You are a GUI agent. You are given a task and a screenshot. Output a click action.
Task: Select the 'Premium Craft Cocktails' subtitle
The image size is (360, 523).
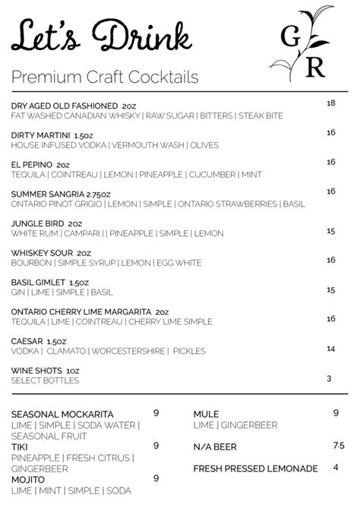(x=105, y=77)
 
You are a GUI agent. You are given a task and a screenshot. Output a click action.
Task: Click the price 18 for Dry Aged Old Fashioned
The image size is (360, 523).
(x=330, y=103)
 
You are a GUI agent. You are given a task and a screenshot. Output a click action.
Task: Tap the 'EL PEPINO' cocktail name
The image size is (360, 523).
(x=31, y=163)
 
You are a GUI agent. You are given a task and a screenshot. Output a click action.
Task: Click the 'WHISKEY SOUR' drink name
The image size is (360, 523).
(x=43, y=253)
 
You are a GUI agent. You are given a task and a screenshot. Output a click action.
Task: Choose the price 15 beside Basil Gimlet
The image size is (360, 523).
(x=330, y=290)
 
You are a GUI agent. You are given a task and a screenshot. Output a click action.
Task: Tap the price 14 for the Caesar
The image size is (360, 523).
(x=330, y=349)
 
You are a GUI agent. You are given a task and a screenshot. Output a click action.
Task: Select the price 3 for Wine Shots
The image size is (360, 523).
(x=330, y=379)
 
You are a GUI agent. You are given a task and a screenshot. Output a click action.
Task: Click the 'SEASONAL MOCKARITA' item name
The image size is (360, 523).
(x=62, y=414)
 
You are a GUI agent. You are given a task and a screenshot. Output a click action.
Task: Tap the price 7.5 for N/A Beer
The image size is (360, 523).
(x=338, y=446)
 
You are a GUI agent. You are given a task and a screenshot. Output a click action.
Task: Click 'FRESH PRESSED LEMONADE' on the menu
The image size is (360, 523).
(x=255, y=468)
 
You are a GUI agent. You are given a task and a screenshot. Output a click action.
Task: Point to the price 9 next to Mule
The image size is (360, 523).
(x=335, y=414)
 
